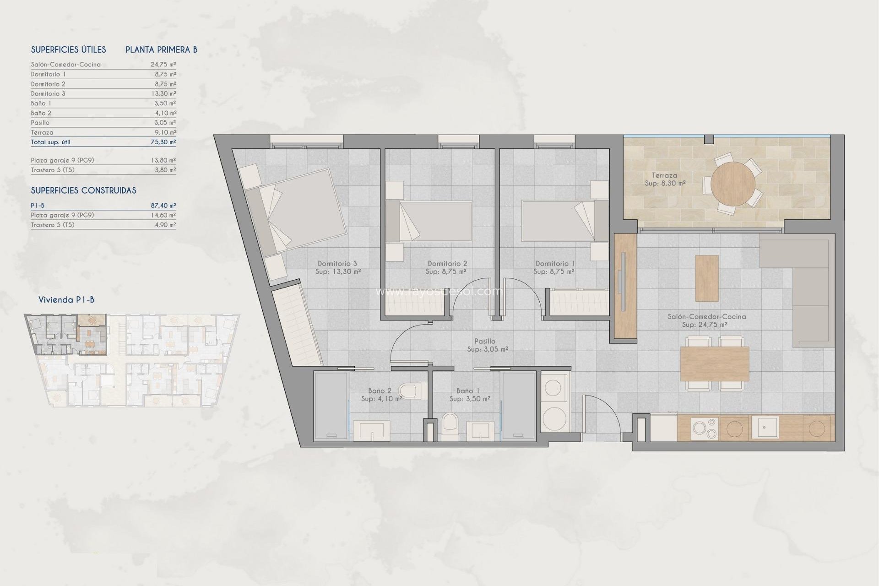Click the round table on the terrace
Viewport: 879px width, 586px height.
pos(733,184)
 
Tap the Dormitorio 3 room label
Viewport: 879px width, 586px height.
pos(337,264)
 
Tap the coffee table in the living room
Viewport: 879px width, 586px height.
pos(706,278)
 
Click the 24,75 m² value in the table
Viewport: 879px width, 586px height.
pos(163,65)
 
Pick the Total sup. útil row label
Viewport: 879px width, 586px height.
pos(51,142)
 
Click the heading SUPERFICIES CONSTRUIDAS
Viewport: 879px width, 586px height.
pos(83,190)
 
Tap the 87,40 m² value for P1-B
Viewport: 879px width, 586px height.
pos(163,206)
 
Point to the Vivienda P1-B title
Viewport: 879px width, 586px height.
pos(66,300)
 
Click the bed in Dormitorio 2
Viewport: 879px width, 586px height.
pos(429,221)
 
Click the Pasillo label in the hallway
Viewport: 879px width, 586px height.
pos(485,341)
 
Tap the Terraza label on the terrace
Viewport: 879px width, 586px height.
pos(664,175)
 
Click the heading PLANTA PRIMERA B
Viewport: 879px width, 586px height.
pos(161,49)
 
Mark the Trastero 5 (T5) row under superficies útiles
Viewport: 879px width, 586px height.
pos(53,170)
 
